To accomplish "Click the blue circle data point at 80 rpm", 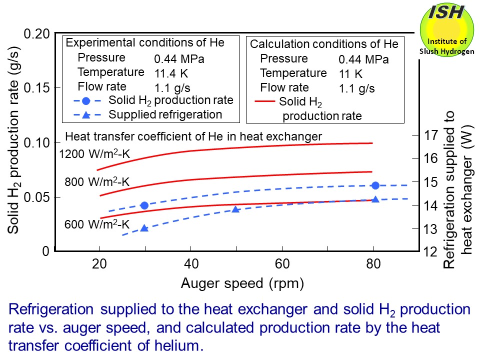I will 375,185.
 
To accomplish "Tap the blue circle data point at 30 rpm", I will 144,205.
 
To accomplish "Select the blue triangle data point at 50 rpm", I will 236,209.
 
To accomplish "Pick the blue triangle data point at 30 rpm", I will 144,228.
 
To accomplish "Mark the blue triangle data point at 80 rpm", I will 375,199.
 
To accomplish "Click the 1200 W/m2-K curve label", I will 94,154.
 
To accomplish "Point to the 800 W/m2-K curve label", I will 97,182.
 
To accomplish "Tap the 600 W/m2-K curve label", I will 97,224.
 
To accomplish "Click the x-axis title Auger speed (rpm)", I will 242,284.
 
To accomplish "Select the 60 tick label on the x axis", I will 282,263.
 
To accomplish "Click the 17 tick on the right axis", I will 431,135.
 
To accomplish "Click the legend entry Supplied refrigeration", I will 165,114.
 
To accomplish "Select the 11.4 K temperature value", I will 171,73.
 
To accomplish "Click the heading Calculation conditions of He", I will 324,44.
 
